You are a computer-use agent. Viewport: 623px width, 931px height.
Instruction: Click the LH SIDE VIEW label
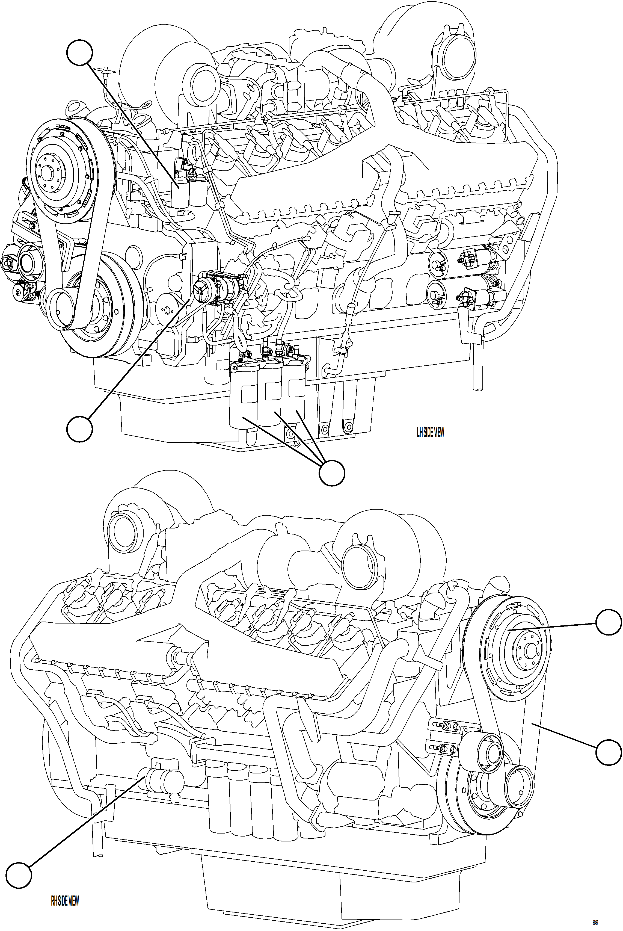click(430, 432)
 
